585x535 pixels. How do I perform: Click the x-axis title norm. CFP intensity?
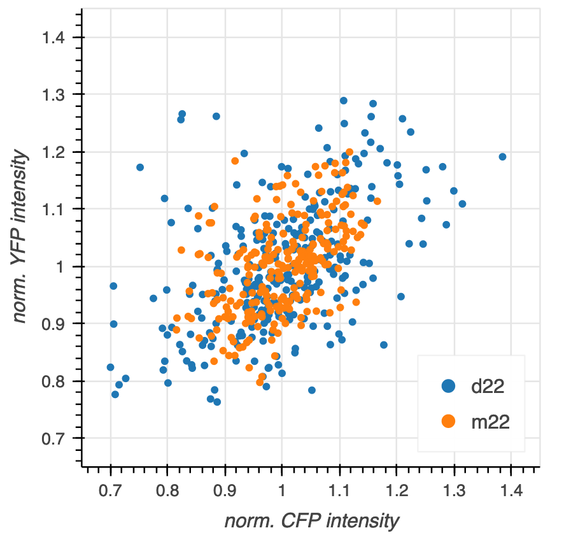[x=312, y=520]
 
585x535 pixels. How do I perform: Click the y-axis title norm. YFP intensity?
[x=22, y=236]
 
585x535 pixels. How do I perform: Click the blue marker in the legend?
[x=449, y=385]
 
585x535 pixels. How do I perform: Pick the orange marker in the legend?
[x=449, y=421]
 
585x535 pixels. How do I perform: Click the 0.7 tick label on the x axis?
[x=111, y=490]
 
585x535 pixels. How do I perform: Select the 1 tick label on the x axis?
[x=282, y=490]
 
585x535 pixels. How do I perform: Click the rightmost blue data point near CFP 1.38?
[x=502, y=157]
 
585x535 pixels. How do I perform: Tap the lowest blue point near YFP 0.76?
[x=217, y=402]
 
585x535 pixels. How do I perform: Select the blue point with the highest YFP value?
[x=344, y=101]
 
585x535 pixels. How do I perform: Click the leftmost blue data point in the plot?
[x=110, y=367]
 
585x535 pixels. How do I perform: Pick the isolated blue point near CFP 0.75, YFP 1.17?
[x=140, y=168]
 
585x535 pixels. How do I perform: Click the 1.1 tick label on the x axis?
[x=339, y=490]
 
